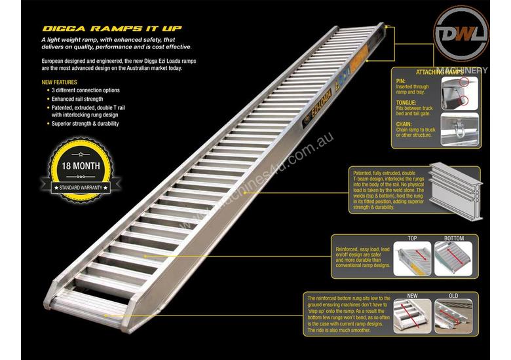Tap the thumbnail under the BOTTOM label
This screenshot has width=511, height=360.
tap(453, 259)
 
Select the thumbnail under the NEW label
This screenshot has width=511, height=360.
tap(413, 315)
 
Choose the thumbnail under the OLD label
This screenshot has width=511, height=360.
tap(452, 315)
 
